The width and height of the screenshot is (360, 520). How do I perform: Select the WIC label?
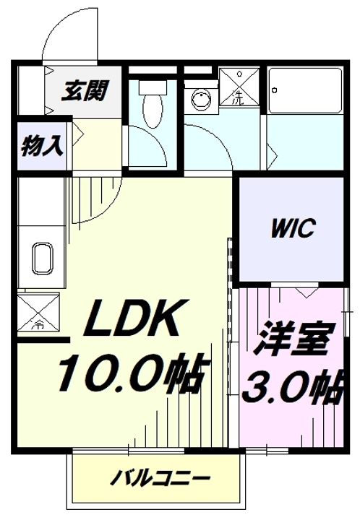tap(293, 230)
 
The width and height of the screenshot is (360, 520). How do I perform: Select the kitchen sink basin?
tap(41, 258)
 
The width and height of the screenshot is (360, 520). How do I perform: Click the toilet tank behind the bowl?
tap(152, 86)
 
